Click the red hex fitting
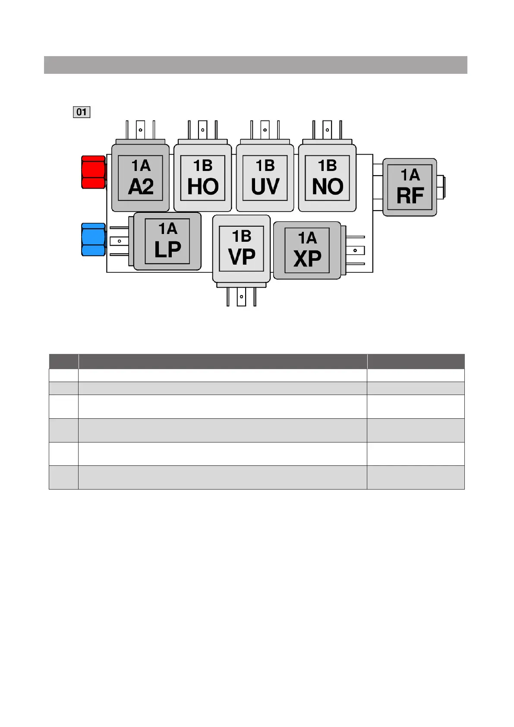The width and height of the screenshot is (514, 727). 93,172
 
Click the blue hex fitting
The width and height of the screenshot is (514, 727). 93,240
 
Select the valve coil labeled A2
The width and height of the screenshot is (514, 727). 140,178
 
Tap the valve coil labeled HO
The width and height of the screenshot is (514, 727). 202,178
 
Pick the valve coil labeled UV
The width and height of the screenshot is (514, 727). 265,178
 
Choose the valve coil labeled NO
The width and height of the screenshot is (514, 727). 327,178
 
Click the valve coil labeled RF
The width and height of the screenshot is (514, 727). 410,187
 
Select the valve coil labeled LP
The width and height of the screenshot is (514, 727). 167,241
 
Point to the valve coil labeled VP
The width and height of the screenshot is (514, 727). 241,249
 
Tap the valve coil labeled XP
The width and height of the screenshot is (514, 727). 307,250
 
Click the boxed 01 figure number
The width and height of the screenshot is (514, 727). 82,112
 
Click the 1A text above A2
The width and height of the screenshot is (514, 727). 141,166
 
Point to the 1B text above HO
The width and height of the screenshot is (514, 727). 203,166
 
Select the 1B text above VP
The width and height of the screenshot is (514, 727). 242,236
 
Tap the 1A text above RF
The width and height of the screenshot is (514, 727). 410,175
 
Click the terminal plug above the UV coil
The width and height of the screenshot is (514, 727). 265,130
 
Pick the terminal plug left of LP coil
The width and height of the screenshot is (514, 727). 120,241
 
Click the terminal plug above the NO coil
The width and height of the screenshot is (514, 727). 327,130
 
